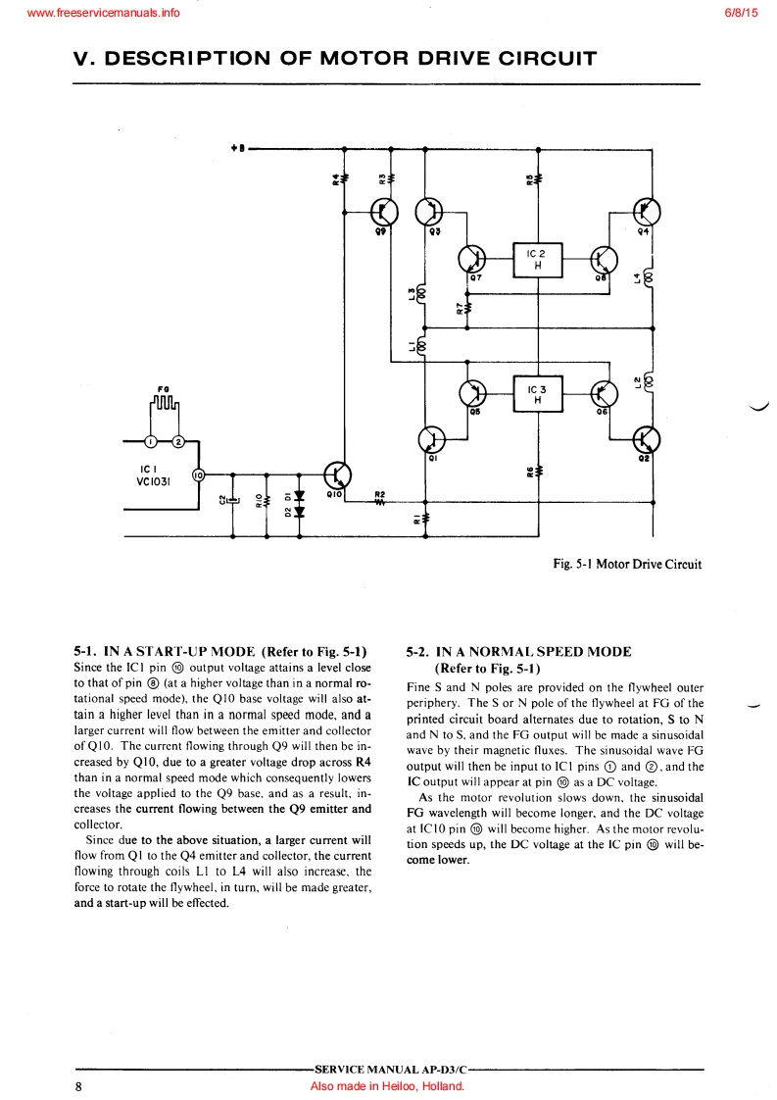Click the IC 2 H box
(538, 259)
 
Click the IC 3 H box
(538, 394)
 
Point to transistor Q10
(337, 475)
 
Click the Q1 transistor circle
(432, 438)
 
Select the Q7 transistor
(473, 259)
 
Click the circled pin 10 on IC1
(197, 475)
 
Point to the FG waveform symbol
(165, 404)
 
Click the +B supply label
(237, 149)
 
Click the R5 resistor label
(529, 179)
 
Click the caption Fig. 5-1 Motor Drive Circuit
(627, 564)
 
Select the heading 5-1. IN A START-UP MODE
(220, 651)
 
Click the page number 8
(78, 1086)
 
